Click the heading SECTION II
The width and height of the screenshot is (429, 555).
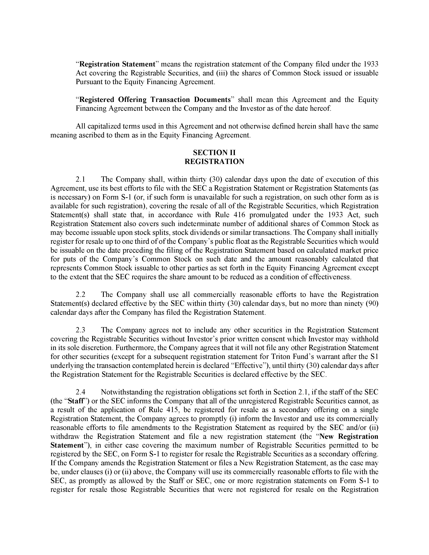(214, 153)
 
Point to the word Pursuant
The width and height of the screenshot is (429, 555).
(88, 82)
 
